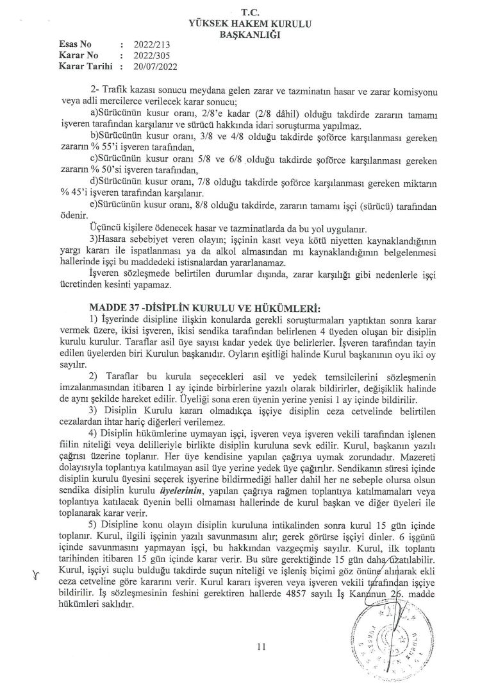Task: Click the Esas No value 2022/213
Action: tap(149, 45)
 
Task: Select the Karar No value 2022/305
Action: tap(149, 55)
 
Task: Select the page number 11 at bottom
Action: tap(260, 647)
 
